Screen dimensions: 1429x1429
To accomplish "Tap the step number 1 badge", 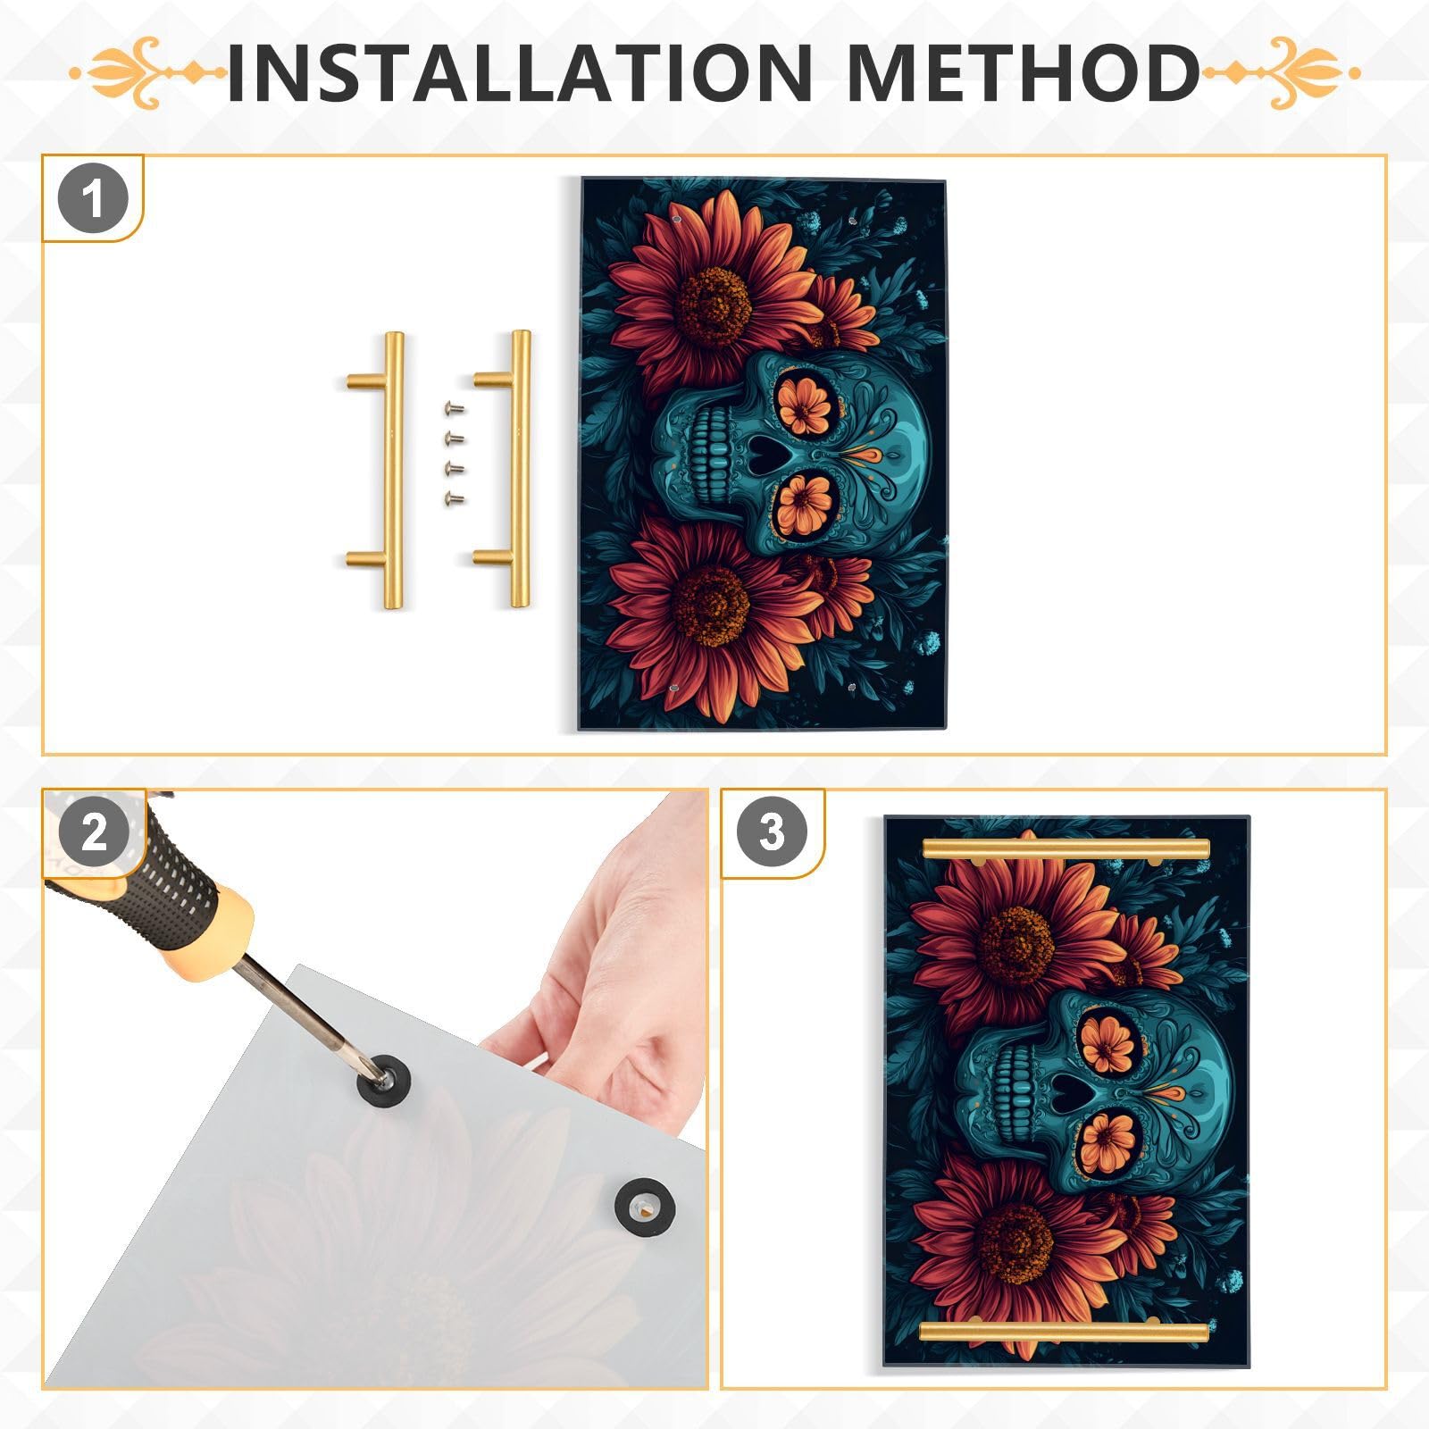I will tap(93, 198).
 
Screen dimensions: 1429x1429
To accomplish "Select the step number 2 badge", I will tap(94, 833).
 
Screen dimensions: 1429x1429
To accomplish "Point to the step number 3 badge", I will tap(772, 832).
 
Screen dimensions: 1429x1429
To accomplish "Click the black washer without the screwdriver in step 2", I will tap(644, 1208).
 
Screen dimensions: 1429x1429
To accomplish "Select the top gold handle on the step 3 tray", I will tap(1065, 848).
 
